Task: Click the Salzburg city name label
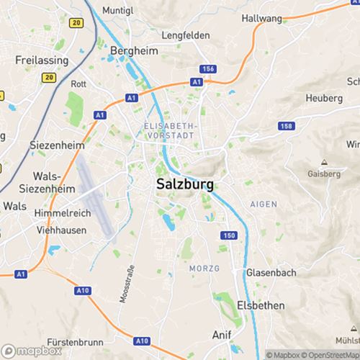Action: click(184, 184)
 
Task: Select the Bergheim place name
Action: click(135, 50)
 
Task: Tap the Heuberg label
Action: click(324, 97)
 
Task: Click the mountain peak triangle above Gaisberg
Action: click(324, 163)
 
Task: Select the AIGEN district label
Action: click(263, 204)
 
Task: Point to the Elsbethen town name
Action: click(261, 305)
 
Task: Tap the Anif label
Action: click(222, 336)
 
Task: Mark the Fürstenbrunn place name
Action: click(77, 341)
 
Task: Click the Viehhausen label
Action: click(62, 230)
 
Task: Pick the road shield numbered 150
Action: click(229, 236)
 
